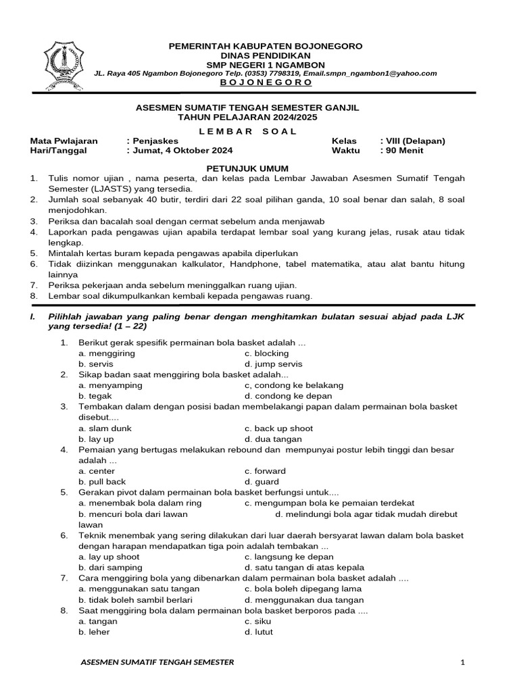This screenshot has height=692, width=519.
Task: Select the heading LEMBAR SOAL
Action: pos(260,131)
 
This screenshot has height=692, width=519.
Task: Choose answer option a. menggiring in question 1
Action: pos(107,353)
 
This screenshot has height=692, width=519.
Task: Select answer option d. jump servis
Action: pos(274,364)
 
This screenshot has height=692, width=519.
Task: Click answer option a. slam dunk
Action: pos(105,428)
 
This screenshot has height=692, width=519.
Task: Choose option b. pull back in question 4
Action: pos(102,482)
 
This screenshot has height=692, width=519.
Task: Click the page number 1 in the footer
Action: pos(463,662)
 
